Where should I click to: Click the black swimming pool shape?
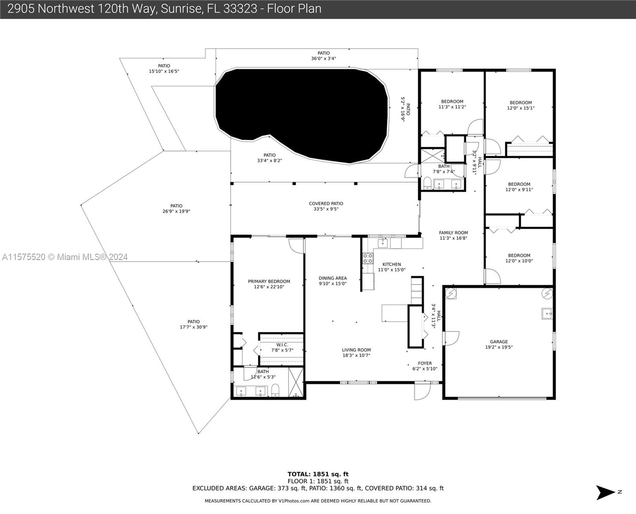coord(302,114)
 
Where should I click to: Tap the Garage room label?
coord(499,341)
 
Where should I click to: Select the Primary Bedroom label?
coord(269,281)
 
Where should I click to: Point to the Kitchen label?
coord(392,264)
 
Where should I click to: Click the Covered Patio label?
coord(326,203)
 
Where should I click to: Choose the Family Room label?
coord(453,233)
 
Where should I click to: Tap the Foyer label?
coord(425,363)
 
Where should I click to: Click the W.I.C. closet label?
coord(282,345)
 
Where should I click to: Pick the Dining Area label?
coord(333,278)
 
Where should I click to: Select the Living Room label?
coord(356,350)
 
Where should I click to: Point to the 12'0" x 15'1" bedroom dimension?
coord(521,108)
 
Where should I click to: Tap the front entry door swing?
coord(422,391)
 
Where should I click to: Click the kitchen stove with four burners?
coord(368,258)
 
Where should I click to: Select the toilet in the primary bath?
coord(275,390)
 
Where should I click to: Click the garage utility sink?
coord(547,314)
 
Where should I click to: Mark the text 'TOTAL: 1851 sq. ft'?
coord(318,474)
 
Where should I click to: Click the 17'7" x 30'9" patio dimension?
coord(193,327)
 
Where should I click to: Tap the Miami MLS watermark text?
coord(65,257)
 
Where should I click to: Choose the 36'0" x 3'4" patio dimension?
coord(324,59)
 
